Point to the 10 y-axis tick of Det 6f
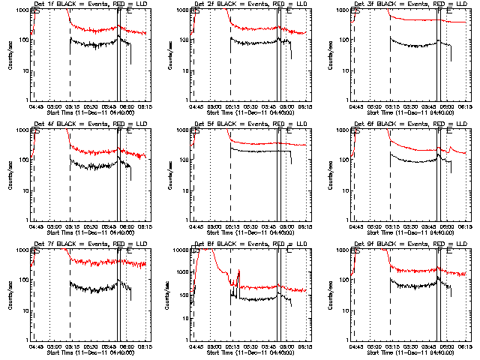pos(344,190)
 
